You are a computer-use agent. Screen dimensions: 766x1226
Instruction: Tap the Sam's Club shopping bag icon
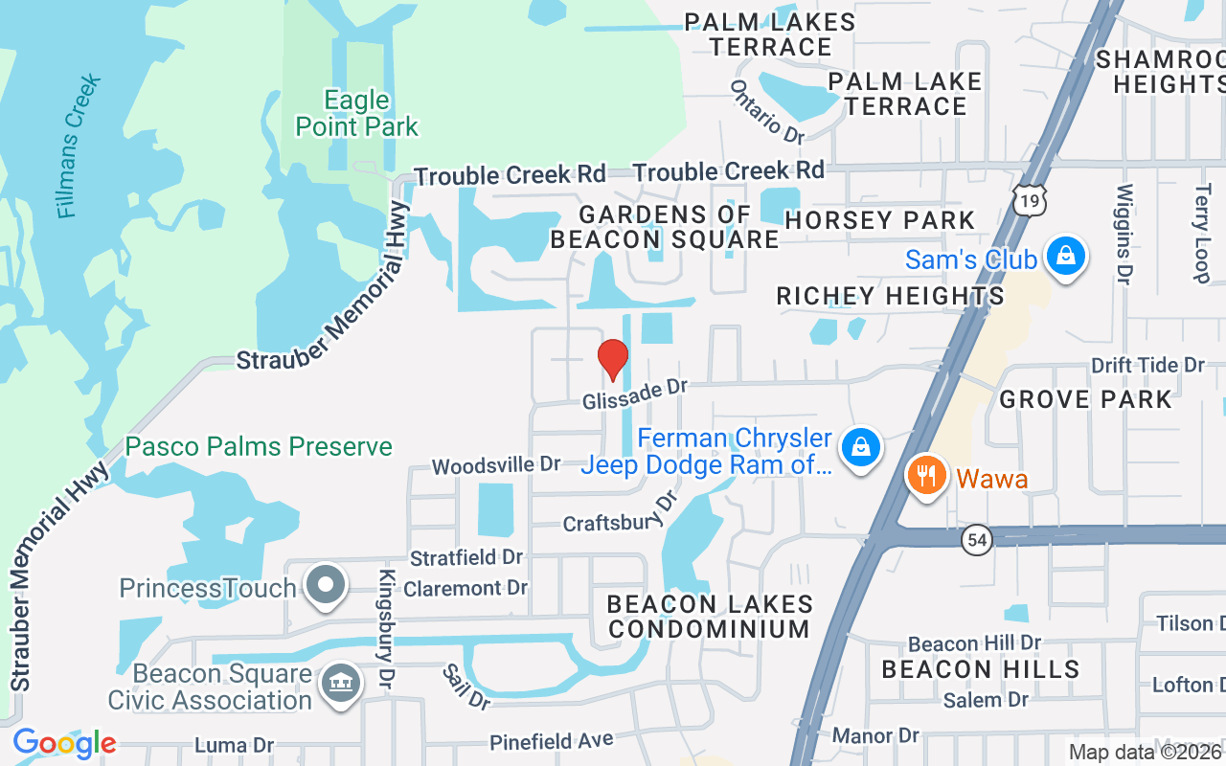click(1064, 258)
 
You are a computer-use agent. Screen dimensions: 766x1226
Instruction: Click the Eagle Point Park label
click(356, 113)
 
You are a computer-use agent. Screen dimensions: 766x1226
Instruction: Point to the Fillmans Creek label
click(79, 146)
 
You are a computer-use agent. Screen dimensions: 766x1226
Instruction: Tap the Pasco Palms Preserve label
click(259, 446)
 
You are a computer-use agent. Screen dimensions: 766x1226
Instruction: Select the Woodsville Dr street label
click(495, 465)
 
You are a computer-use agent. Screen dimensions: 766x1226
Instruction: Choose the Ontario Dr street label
click(768, 112)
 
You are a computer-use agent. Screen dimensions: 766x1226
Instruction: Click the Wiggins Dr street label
click(1124, 234)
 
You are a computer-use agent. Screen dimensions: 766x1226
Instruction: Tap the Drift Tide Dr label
click(1147, 365)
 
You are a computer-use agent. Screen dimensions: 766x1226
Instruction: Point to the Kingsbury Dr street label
click(387, 629)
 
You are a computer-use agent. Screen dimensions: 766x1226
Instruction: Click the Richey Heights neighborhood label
click(890, 296)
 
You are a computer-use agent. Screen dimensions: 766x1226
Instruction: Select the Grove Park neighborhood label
click(1085, 398)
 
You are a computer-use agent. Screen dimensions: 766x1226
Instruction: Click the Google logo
click(64, 743)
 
